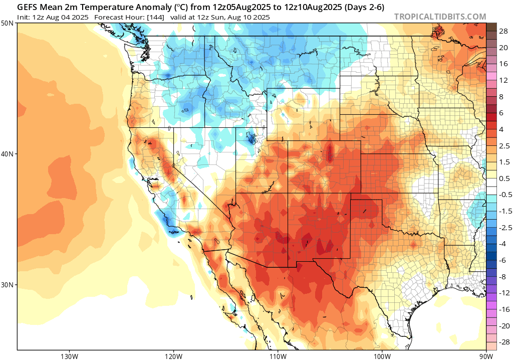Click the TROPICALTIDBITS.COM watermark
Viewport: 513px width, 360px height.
(x=440, y=17)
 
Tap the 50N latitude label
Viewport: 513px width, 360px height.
(x=8, y=24)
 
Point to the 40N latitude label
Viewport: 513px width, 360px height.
(x=8, y=154)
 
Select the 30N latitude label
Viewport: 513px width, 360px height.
(x=8, y=284)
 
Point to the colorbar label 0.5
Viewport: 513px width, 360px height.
(x=504, y=178)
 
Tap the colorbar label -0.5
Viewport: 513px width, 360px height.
(x=503, y=195)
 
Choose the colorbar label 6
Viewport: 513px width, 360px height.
(x=501, y=113)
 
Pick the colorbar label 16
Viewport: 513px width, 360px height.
(x=503, y=64)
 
